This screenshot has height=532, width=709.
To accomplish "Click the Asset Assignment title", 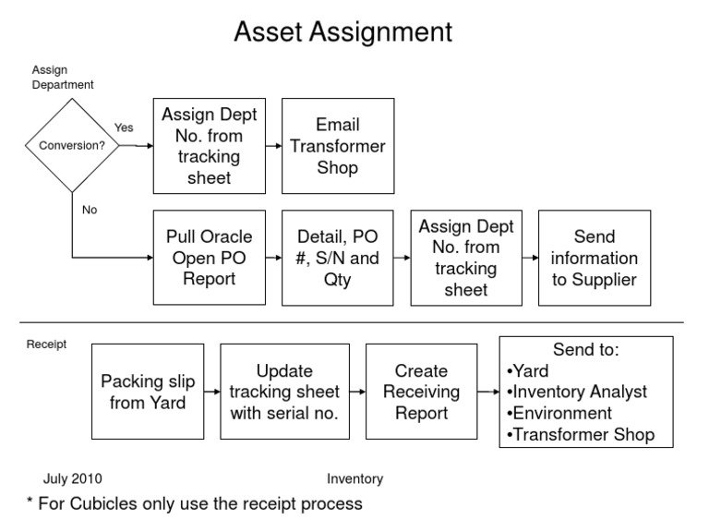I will (x=342, y=32).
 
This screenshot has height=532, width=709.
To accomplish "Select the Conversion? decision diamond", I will (x=70, y=145).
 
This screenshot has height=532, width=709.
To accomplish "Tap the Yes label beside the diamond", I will (x=124, y=127).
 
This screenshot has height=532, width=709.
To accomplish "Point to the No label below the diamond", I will (x=90, y=210).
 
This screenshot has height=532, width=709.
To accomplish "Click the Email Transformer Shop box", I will (x=337, y=146).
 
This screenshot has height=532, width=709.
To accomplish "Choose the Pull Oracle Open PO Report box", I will (x=209, y=258).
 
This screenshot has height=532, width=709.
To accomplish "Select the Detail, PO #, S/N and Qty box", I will (x=337, y=258).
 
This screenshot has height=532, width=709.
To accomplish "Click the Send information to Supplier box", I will (x=595, y=258).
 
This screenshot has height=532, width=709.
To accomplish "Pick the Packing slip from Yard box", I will (x=142, y=392).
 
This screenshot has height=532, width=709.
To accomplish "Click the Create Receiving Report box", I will (x=421, y=392).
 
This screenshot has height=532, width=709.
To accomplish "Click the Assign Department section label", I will (x=63, y=77).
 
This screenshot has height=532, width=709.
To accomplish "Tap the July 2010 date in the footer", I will (x=73, y=478).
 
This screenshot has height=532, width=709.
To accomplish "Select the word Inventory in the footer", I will (x=354, y=478).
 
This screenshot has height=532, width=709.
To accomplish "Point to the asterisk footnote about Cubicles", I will (x=194, y=504).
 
